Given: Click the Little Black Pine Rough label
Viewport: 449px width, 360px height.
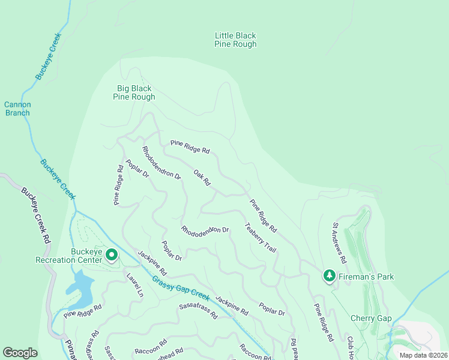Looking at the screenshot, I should tap(235, 40).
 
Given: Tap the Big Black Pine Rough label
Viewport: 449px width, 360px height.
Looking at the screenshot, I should tap(135, 92).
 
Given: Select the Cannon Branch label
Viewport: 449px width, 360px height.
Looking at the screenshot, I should tap(17, 109).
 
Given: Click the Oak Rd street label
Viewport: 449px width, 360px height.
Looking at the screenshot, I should tap(202, 177).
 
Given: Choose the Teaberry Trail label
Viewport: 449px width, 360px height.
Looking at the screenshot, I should tap(260, 238).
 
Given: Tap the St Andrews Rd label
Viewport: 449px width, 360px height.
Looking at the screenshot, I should tap(340, 244).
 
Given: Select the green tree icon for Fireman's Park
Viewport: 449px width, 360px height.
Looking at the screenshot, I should tap(329, 276).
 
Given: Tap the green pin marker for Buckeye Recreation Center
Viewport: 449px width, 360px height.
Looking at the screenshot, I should tap(112, 256).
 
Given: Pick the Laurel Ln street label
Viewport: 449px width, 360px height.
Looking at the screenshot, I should tap(135, 286).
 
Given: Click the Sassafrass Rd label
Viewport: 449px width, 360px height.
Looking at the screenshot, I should tap(198, 310).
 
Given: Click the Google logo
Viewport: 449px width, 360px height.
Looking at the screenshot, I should tap(20, 352).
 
